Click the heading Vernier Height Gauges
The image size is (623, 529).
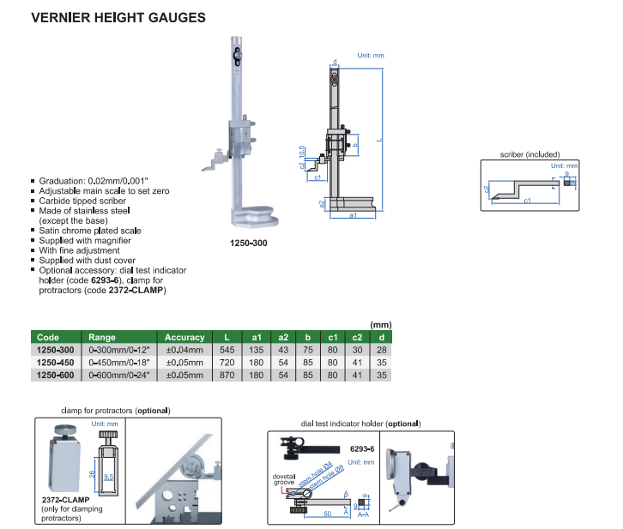point(118,16)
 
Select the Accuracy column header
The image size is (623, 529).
point(184,337)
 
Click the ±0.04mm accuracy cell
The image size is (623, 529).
point(184,350)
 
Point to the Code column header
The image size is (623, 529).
point(48,337)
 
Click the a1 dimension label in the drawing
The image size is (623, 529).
point(354,216)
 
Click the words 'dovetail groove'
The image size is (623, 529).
point(284,478)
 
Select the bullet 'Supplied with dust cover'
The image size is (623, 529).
point(86,260)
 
